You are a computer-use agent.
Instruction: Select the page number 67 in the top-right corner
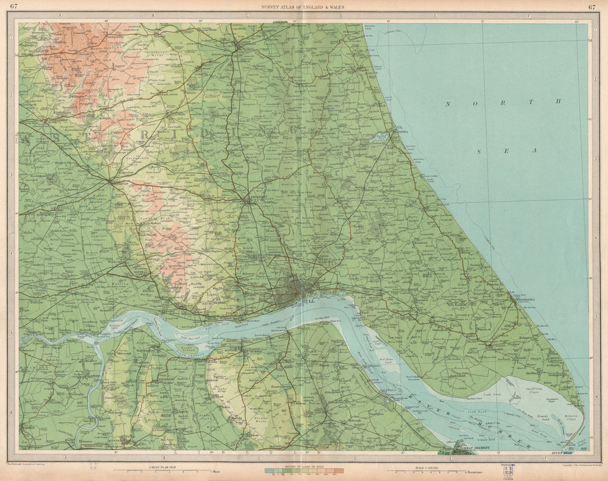[x=592, y=7]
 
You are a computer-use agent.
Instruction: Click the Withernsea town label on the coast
[x=524, y=300]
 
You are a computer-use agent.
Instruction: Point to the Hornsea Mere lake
[x=380, y=137]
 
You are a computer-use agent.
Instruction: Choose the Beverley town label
[x=254, y=197]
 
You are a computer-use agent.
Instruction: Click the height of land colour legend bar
[x=304, y=470]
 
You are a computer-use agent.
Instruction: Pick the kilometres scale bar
[x=426, y=470]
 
